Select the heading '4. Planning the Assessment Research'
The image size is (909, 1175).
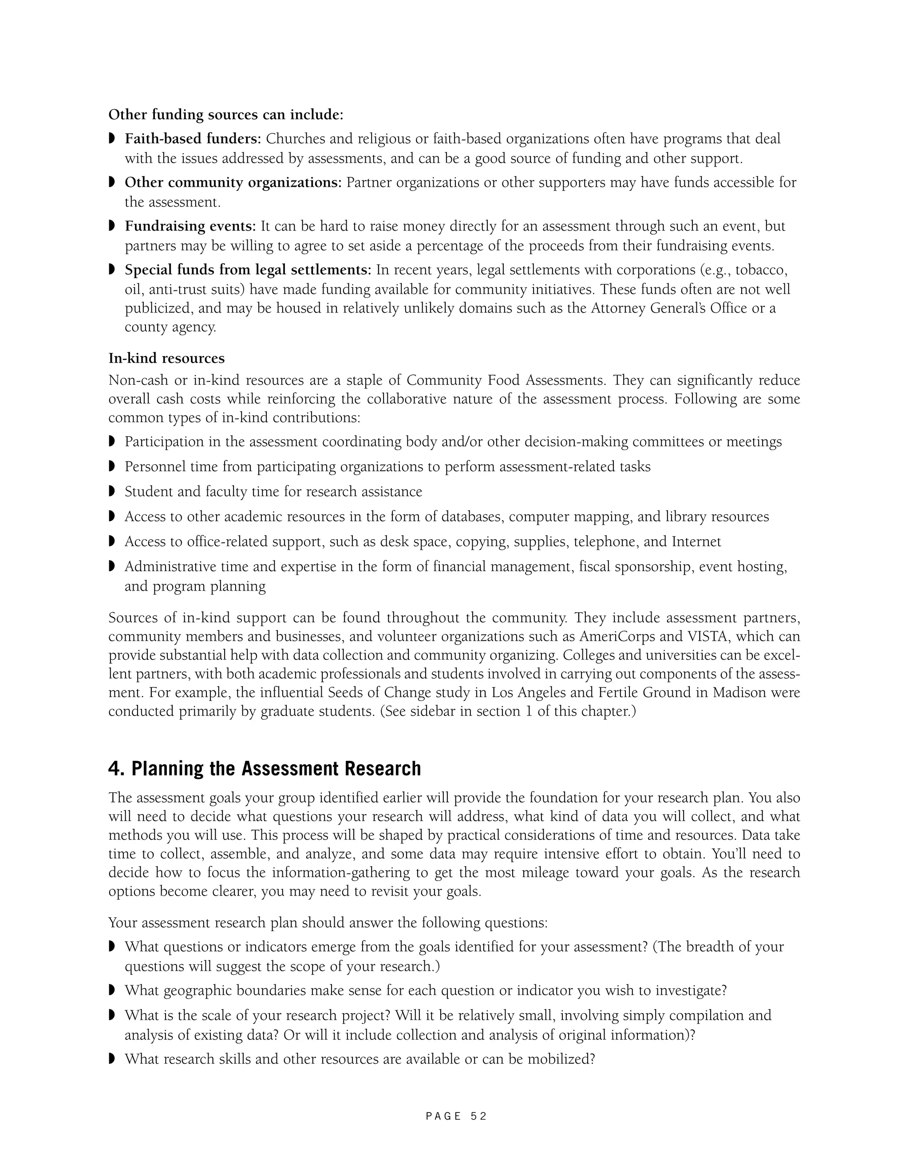[x=265, y=768]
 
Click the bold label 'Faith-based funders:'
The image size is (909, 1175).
[x=193, y=139]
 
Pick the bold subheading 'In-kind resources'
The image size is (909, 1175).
[x=166, y=358]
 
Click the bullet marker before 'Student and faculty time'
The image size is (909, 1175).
[x=112, y=491]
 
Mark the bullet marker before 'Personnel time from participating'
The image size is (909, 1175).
[x=112, y=466]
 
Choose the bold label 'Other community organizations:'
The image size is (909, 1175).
[x=233, y=182]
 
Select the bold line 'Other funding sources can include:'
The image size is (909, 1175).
[x=225, y=114]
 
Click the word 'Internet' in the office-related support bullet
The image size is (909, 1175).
[x=696, y=541]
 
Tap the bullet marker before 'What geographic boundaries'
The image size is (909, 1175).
[x=112, y=990]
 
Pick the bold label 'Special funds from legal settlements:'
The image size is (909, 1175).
[x=248, y=270]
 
